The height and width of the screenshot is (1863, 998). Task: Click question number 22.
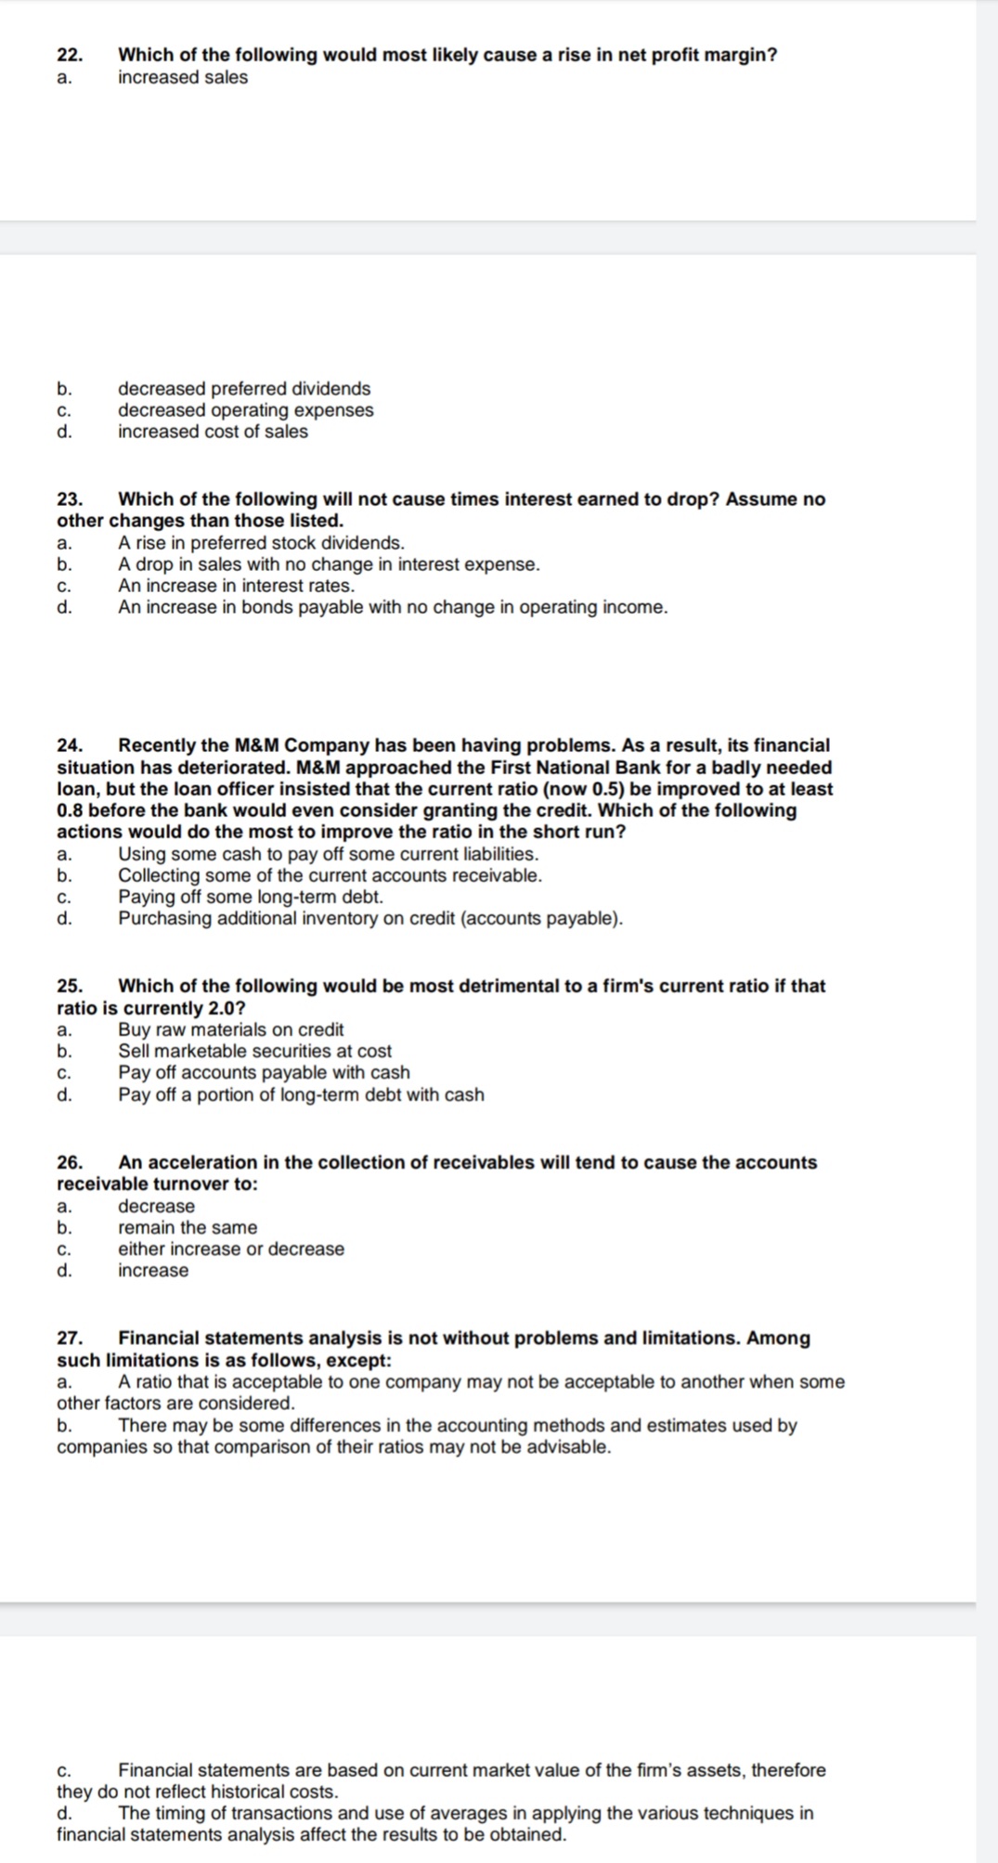(x=70, y=56)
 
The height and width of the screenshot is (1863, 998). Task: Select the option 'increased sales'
(x=183, y=78)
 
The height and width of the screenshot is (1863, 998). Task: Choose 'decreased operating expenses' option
(x=245, y=410)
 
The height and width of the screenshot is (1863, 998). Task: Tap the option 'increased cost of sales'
(x=213, y=432)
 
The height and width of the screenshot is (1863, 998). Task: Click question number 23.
(x=70, y=499)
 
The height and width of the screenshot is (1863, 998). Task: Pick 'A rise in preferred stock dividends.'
(x=261, y=543)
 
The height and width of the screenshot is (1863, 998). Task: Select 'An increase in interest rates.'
(x=236, y=586)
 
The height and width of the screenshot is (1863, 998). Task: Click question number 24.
(x=70, y=745)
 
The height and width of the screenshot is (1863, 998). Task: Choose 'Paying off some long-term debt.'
(x=250, y=898)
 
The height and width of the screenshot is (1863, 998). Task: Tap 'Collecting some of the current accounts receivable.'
(x=330, y=875)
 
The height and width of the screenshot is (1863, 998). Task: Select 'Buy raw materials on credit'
(x=230, y=1029)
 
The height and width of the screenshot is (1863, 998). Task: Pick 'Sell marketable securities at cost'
(x=254, y=1051)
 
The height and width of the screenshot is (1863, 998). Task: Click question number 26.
(x=70, y=1163)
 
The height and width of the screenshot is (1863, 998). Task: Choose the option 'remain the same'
(x=188, y=1228)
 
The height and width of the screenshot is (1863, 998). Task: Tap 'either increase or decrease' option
(x=230, y=1249)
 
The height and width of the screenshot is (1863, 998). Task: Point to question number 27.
(x=70, y=1339)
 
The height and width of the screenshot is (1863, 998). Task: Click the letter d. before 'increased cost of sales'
(x=64, y=432)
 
